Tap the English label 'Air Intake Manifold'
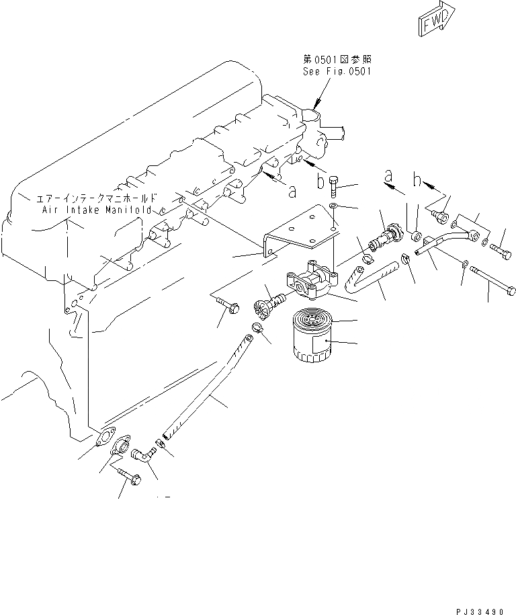coord(99,210)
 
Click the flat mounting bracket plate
coord(300,232)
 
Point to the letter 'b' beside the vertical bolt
coord(320,182)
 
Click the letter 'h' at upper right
coord(418,181)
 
